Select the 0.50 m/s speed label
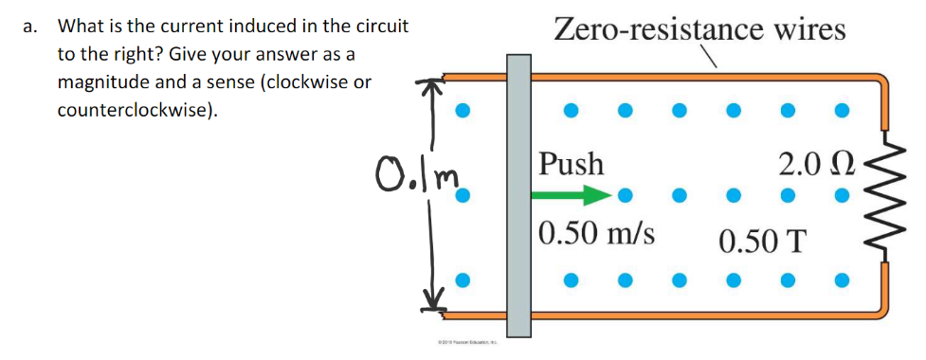click(x=596, y=232)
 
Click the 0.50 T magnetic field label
click(x=763, y=241)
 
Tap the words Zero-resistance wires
click(x=699, y=28)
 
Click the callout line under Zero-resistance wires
click(x=706, y=61)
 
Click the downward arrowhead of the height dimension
click(x=432, y=302)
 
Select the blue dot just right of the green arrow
click(x=624, y=197)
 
